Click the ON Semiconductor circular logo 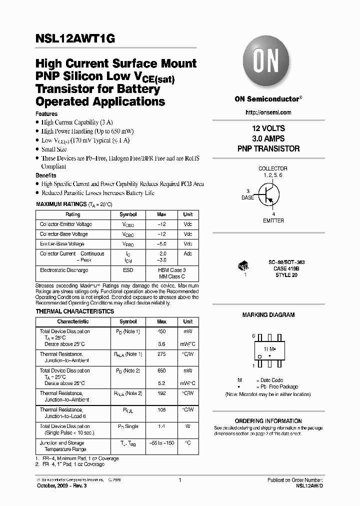pos(266,63)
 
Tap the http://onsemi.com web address pos(269,112)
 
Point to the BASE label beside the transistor pos(247,197)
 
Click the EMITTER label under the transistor pos(273,220)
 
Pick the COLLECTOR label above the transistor pos(272,169)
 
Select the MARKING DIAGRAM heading pos(268,315)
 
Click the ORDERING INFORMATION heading pos(268,421)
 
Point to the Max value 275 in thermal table pos(161,354)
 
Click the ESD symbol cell pos(128,270)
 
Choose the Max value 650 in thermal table pos(161,371)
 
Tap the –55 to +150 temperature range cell pos(161,443)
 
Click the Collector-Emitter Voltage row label pos(66,224)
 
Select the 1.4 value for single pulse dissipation pos(161,426)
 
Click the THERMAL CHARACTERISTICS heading pos(75,311)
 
